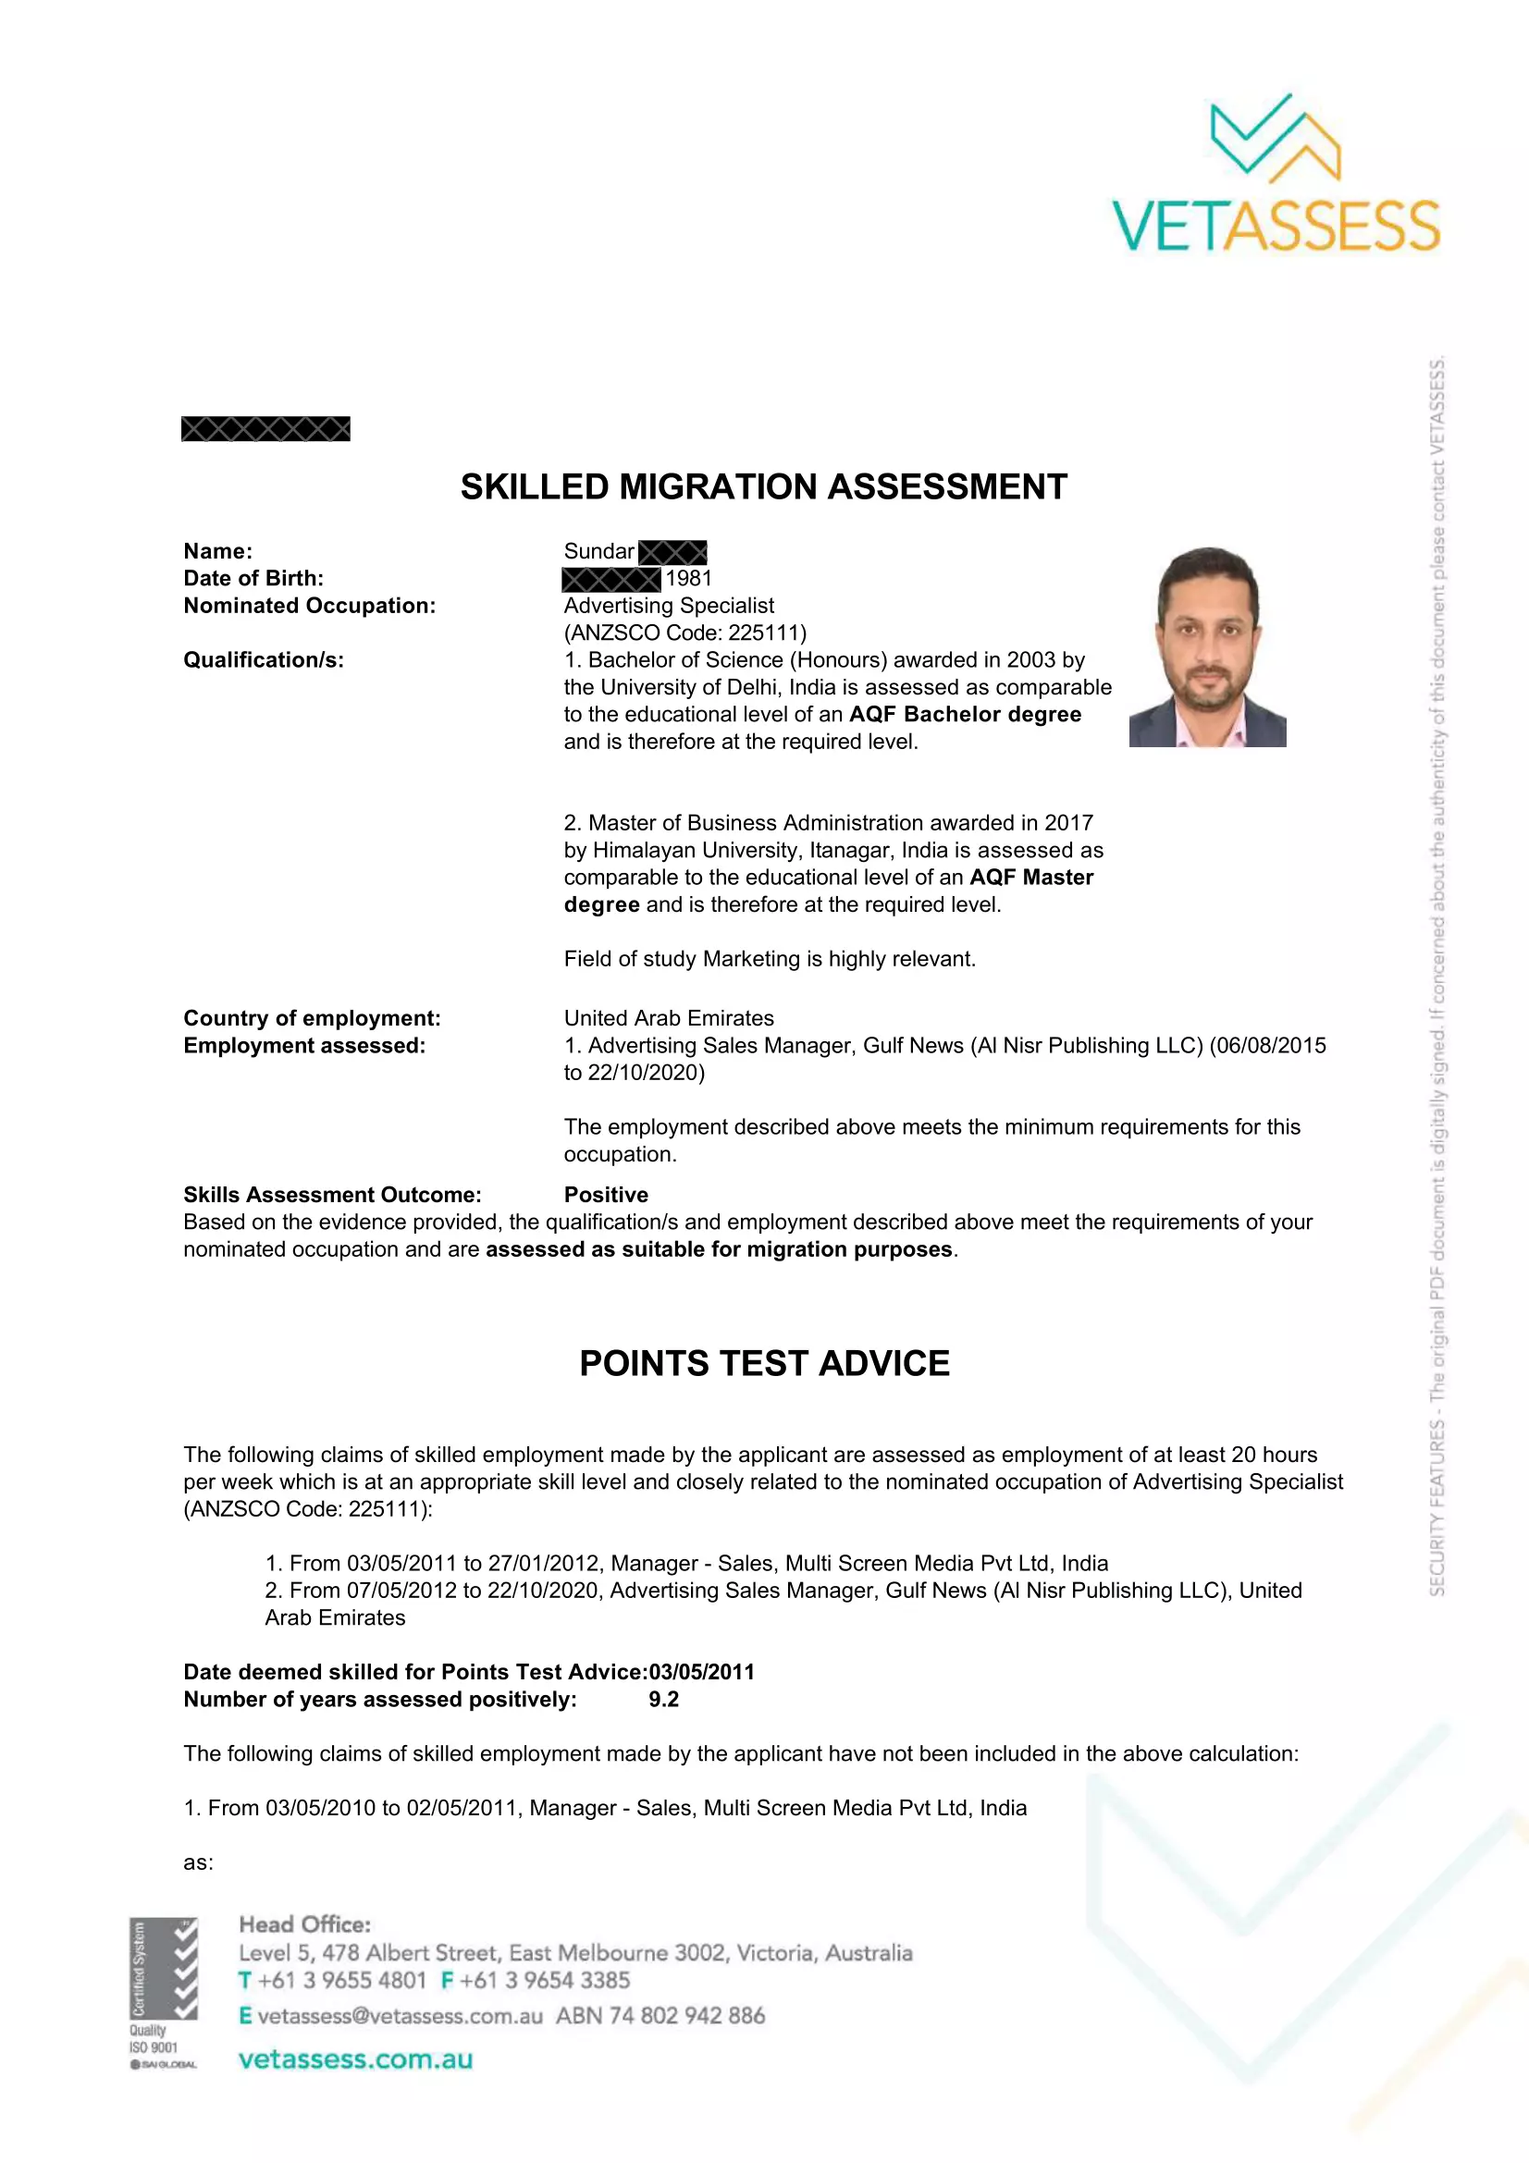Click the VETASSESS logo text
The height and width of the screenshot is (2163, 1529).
[x=1276, y=226]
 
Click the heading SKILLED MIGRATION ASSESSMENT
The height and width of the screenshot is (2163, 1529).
[x=763, y=487]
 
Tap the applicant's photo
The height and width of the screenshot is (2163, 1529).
[x=1207, y=646]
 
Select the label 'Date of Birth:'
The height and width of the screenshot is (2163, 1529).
[x=253, y=578]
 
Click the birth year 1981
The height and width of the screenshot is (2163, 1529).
[x=689, y=578]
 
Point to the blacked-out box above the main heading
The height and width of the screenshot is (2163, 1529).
[x=265, y=430]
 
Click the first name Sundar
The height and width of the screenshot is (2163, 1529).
[x=599, y=551]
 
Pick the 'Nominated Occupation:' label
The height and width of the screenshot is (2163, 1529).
[x=309, y=606]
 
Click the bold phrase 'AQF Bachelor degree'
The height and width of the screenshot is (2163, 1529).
[x=965, y=714]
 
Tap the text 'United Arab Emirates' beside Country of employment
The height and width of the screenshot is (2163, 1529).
[x=669, y=1018]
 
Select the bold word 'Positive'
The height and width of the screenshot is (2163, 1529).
[x=606, y=1195]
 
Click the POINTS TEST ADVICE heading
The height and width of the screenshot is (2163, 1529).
[x=764, y=1363]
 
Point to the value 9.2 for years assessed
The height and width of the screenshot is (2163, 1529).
[x=663, y=1699]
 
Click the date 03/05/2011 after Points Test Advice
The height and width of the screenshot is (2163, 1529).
[x=702, y=1671]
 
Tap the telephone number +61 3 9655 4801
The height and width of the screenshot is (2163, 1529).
[x=342, y=1979]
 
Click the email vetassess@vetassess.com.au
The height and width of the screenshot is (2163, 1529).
[x=400, y=2015]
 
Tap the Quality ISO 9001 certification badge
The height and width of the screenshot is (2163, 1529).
[x=163, y=1993]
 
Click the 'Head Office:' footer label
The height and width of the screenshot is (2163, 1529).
[x=304, y=1923]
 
